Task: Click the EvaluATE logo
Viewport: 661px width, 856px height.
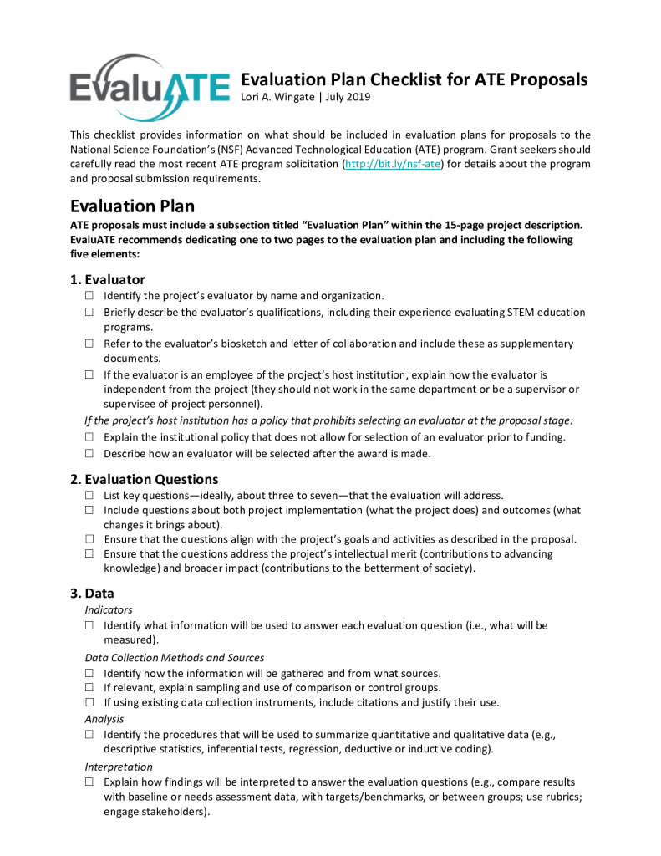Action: (x=150, y=85)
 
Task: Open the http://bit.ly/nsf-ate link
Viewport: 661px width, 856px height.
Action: (x=392, y=164)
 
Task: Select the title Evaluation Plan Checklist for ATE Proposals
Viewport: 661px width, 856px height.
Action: (x=414, y=79)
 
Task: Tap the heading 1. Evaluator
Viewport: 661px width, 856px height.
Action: (x=108, y=279)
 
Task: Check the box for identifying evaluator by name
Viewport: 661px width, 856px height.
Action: (x=89, y=296)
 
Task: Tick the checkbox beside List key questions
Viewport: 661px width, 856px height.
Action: (x=89, y=496)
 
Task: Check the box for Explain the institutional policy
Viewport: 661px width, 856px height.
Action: (x=89, y=437)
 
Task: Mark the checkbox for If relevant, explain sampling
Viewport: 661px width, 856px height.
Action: (x=89, y=688)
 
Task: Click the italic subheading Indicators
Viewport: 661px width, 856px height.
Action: (x=109, y=610)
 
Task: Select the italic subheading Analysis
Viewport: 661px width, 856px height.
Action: (x=104, y=719)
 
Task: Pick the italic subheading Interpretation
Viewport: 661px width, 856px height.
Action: (x=119, y=767)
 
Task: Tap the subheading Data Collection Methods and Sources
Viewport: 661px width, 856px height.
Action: (x=175, y=658)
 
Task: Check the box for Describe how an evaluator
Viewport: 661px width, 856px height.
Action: (x=89, y=454)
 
